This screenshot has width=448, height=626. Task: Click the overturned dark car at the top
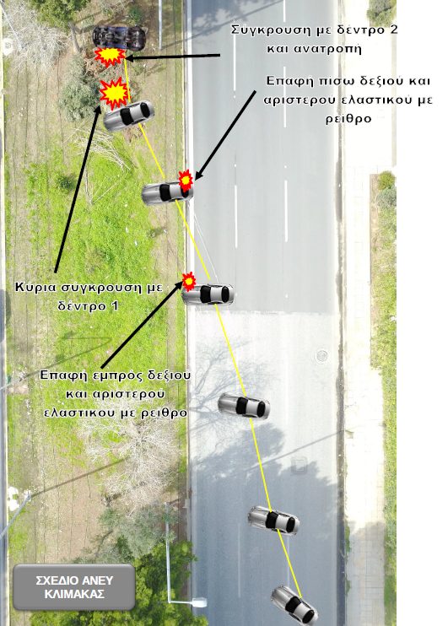119,37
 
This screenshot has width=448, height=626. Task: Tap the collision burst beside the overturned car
110,57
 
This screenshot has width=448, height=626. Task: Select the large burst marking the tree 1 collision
114,93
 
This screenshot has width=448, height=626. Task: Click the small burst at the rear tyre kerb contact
186,180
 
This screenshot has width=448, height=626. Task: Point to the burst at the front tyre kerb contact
189,281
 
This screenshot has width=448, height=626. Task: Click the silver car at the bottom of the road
294,605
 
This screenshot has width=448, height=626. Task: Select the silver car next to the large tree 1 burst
128,115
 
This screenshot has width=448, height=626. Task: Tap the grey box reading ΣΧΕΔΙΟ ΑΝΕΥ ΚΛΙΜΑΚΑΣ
74,586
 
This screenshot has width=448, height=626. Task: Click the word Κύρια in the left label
34,287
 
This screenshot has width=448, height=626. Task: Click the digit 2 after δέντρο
393,30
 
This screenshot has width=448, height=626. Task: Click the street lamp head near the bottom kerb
198,602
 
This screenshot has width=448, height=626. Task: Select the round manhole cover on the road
321,355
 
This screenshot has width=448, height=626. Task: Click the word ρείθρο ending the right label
348,119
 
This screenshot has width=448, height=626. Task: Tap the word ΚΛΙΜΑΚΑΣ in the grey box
74,594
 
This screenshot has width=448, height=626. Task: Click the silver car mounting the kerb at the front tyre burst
208,294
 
